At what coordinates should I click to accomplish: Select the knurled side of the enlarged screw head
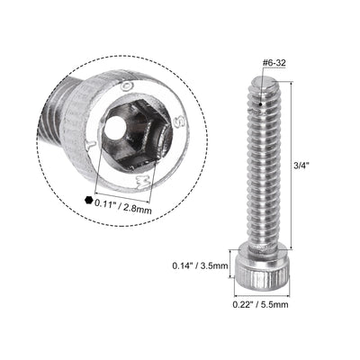[x=99, y=90]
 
